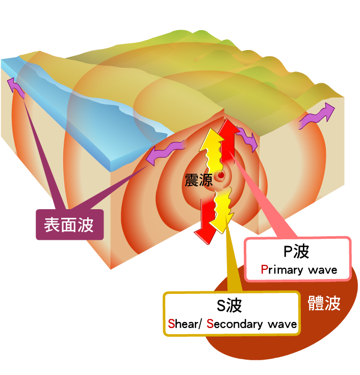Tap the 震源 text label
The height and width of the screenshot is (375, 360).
pos(198,180)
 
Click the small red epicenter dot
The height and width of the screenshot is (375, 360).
pos(221,176)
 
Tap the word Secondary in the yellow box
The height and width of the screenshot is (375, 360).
pos(235,324)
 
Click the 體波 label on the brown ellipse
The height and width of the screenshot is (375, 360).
pos(324,303)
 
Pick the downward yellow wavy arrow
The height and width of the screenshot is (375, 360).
pos(222,209)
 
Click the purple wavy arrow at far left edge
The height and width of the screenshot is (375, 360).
pos(16,88)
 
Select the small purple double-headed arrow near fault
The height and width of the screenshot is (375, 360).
pos(247,138)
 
